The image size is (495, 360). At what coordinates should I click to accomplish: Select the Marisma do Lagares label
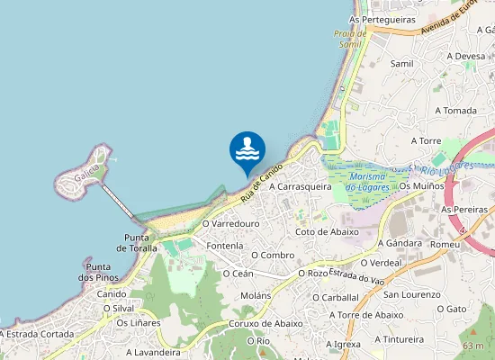pyautogui.click(x=370, y=181)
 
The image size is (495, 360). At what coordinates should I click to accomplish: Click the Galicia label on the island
pyautogui.click(x=87, y=177)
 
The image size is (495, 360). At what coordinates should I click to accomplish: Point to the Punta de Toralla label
pyautogui.click(x=137, y=242)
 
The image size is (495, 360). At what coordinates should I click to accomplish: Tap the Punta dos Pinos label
pyautogui.click(x=98, y=273)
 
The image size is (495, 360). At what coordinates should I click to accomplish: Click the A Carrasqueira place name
pyautogui.click(x=301, y=186)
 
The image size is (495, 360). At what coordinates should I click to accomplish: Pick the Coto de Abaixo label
pyautogui.click(x=327, y=231)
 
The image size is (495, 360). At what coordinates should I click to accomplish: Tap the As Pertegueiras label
pyautogui.click(x=382, y=18)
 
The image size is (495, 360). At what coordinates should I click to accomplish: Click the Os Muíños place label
pyautogui.click(x=421, y=186)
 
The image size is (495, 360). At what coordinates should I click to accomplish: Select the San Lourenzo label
pyautogui.click(x=411, y=294)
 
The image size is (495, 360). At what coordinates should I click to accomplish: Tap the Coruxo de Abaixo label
pyautogui.click(x=265, y=324)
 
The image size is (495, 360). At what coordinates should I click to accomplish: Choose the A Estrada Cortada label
pyautogui.click(x=37, y=334)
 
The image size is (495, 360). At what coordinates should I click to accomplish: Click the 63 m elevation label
pyautogui.click(x=473, y=346)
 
